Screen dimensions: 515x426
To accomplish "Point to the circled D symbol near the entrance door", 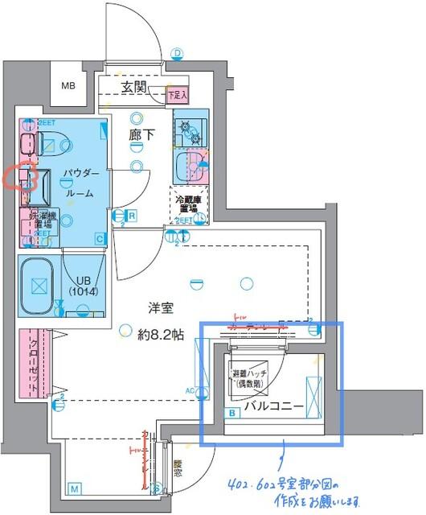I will tap(177, 54).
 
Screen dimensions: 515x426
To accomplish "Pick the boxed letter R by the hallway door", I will tap(131, 216).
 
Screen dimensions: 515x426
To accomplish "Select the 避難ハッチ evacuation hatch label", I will tap(249, 379).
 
